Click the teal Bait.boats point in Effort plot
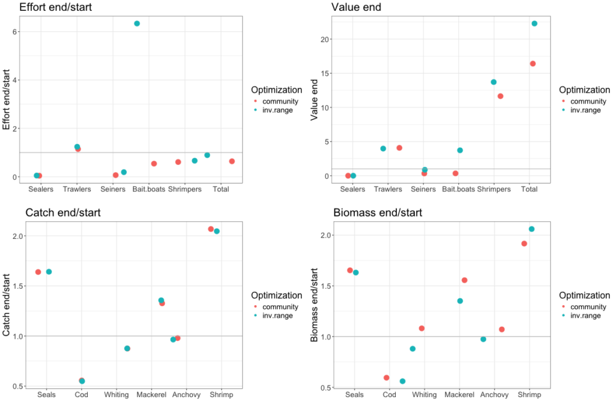tap(137, 23)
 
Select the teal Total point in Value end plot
tap(534, 23)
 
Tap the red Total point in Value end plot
tap(532, 64)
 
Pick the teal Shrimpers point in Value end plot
tap(494, 82)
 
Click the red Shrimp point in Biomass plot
tap(524, 244)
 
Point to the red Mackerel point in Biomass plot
tap(464, 280)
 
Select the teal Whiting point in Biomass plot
tap(413, 349)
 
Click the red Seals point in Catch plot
tap(38, 272)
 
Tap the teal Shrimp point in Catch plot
tap(217, 232)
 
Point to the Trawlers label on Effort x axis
tap(77, 189)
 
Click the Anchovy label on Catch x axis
tap(186, 395)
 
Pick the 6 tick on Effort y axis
tap(15, 31)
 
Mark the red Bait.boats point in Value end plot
tap(455, 173)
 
